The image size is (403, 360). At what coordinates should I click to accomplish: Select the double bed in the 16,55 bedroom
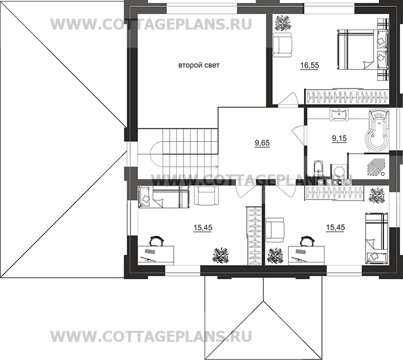click(x=359, y=48)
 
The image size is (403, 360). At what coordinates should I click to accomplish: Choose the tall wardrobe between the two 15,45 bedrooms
click(x=254, y=236)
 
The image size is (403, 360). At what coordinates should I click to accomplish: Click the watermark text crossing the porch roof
click(x=144, y=335)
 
